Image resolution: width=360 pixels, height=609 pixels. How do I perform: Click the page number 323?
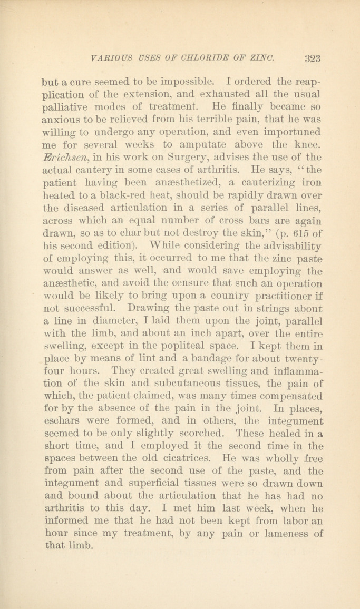click(313, 58)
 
